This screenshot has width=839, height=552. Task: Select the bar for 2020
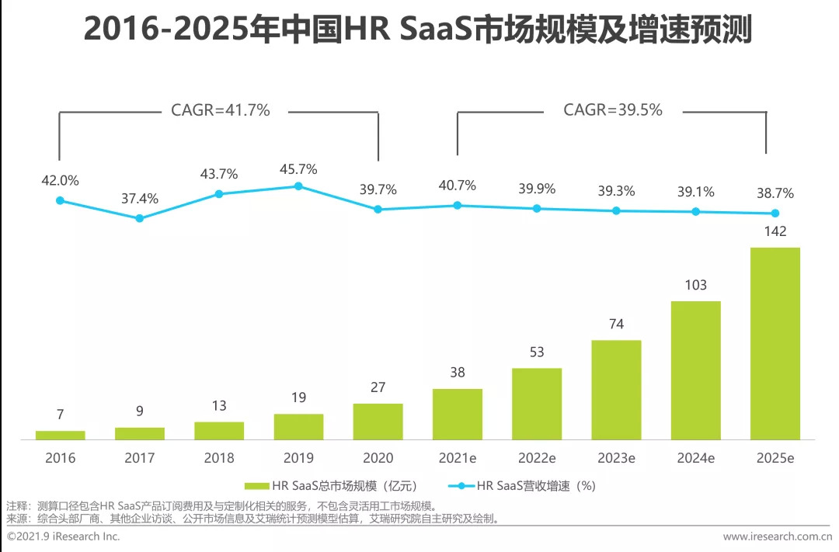[378, 422]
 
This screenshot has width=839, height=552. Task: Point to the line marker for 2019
[298, 186]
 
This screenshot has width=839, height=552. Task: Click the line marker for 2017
[140, 218]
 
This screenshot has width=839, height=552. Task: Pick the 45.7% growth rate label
[299, 168]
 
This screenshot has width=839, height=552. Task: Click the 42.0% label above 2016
[61, 181]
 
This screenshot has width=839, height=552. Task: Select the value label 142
[775, 231]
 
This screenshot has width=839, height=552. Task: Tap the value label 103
[695, 285]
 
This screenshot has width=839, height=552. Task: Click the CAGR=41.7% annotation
[221, 110]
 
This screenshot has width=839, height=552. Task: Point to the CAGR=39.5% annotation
[613, 110]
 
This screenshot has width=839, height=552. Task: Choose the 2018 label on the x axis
[219, 458]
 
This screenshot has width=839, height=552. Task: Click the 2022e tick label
[537, 458]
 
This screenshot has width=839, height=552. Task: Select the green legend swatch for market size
[256, 486]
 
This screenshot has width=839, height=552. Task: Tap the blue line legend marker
[461, 486]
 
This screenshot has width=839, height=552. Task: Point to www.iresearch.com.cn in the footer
[777, 536]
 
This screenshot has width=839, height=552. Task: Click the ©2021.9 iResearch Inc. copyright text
[64, 536]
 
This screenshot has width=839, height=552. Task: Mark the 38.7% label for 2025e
[775, 194]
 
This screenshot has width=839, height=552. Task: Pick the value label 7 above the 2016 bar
[60, 415]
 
